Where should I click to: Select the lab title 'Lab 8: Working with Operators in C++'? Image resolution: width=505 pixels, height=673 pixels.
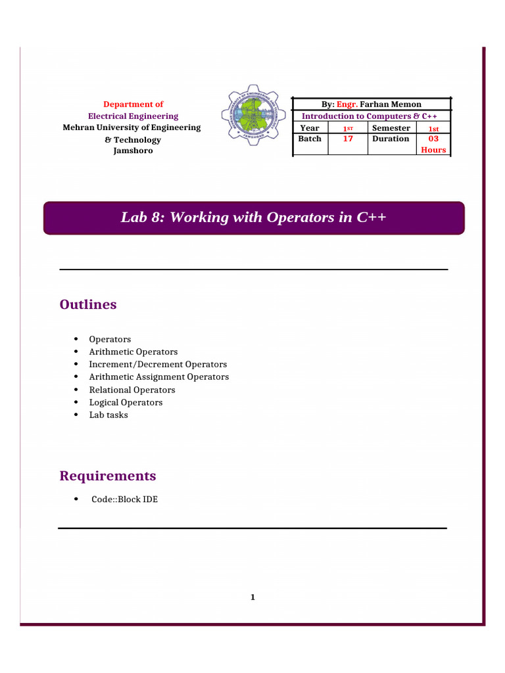(x=253, y=218)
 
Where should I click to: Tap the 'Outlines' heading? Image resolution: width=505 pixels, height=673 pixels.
(x=88, y=304)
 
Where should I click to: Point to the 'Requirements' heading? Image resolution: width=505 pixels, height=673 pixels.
(x=108, y=475)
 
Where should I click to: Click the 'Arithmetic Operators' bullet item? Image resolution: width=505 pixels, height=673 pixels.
(x=133, y=352)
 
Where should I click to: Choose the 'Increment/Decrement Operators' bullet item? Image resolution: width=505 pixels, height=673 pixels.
(x=158, y=364)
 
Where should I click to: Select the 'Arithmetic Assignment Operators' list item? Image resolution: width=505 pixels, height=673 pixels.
(x=158, y=377)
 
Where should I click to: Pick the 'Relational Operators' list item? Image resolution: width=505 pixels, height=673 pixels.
(x=132, y=390)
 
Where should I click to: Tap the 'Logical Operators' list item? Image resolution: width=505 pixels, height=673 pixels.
(x=126, y=402)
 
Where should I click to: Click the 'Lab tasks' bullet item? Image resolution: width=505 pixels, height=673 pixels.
(x=108, y=415)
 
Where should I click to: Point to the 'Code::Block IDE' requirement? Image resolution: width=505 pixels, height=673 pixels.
(x=124, y=499)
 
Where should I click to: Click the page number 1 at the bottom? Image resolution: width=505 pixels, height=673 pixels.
(x=252, y=597)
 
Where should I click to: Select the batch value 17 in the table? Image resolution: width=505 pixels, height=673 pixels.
(x=349, y=139)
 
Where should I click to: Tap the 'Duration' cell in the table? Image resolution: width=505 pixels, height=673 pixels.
(x=391, y=139)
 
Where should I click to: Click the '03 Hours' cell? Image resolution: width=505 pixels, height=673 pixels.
(x=433, y=144)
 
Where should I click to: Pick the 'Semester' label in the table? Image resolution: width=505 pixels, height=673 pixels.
(x=391, y=128)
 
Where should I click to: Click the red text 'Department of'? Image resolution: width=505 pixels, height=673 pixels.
(x=133, y=104)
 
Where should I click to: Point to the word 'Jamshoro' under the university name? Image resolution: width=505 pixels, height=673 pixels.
(x=133, y=151)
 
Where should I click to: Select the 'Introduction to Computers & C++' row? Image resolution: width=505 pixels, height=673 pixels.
(x=370, y=116)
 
